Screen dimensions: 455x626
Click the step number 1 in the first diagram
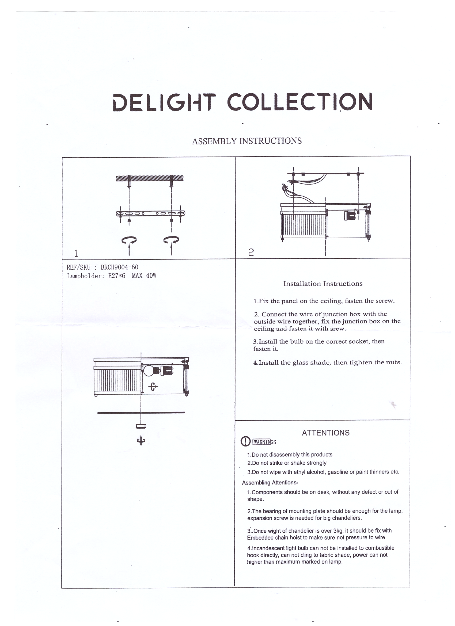76,253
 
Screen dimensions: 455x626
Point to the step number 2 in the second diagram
251,252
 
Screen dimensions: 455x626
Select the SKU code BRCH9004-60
120,267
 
